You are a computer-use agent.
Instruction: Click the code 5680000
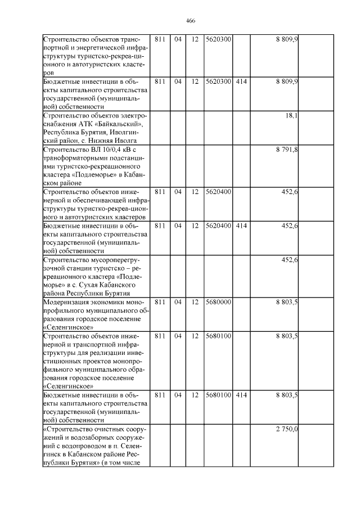coord(218,302)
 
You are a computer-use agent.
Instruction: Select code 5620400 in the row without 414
coord(218,192)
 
